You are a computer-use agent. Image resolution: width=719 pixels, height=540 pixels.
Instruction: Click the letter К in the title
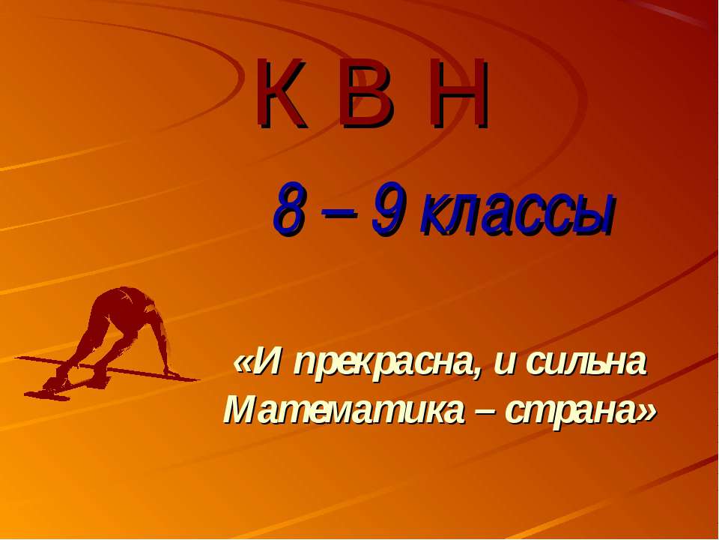pos(283,94)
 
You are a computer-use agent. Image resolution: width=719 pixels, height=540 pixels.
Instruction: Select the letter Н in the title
pos(456,94)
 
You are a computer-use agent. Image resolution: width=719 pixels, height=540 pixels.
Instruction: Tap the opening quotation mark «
pos(243,365)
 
